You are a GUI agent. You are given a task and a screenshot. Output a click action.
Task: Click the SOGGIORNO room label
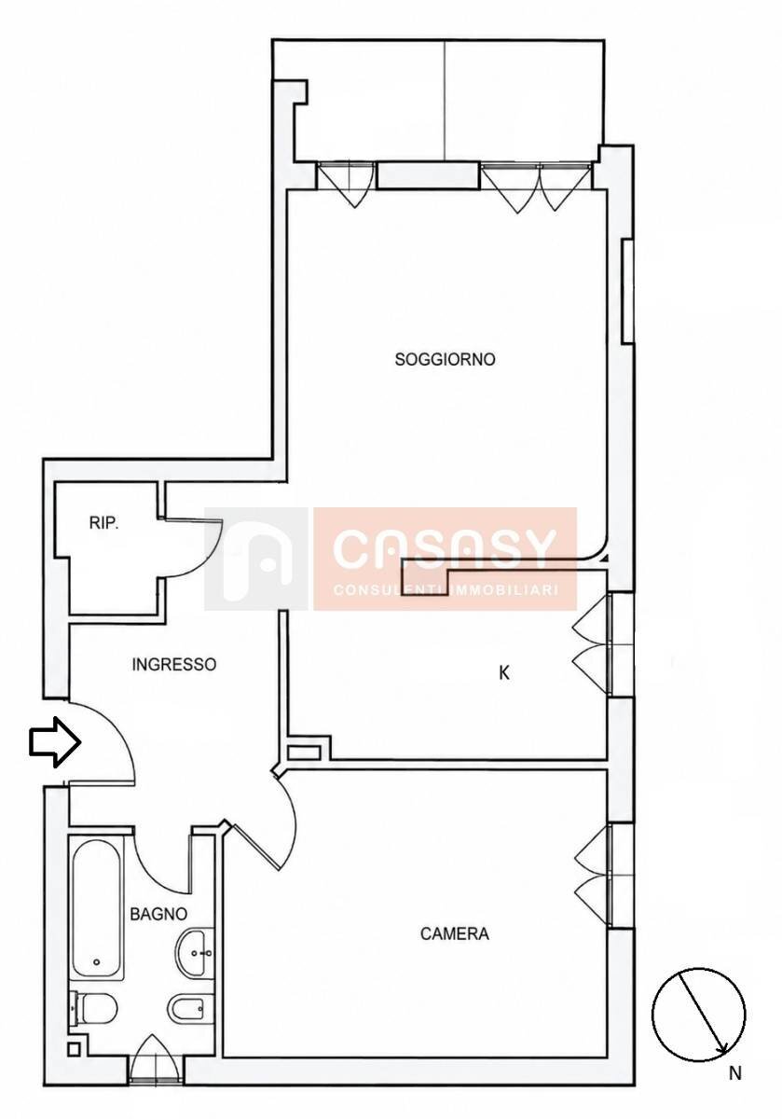(445, 359)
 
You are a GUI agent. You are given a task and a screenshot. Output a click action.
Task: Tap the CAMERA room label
(455, 933)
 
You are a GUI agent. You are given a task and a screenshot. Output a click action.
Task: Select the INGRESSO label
(173, 664)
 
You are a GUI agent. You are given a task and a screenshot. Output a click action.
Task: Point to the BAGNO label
(158, 914)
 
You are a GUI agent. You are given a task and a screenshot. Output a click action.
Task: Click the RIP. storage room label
(103, 523)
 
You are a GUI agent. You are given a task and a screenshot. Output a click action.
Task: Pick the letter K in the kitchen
(504, 673)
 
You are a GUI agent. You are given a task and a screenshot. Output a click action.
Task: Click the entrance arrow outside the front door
(54, 742)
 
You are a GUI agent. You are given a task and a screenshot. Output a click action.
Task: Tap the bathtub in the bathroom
(96, 908)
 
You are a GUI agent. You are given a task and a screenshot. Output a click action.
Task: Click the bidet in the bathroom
(187, 1008)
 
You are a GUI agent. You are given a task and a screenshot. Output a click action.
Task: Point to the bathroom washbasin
(196, 953)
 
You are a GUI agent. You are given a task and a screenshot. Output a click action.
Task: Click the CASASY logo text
(445, 548)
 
